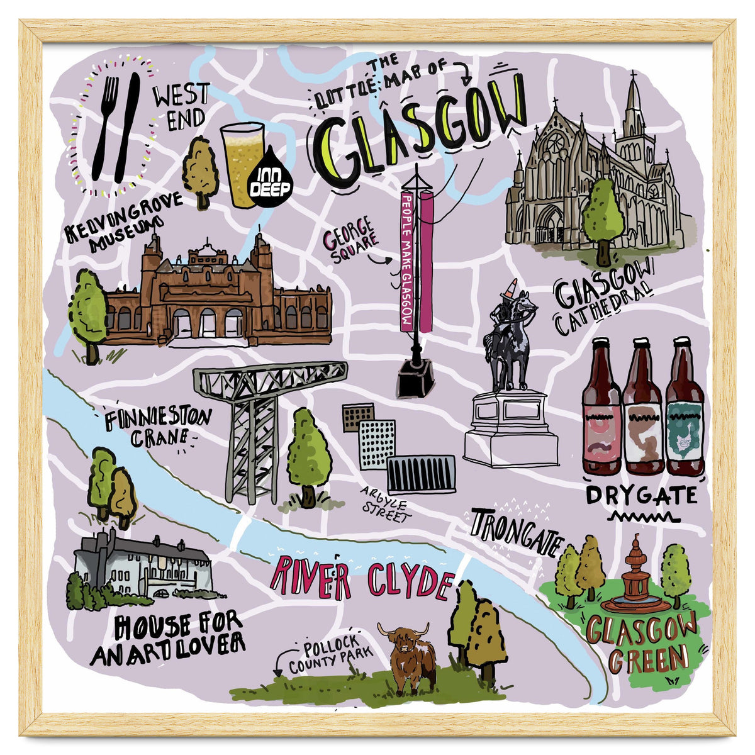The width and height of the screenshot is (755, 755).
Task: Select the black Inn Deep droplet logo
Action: click(x=270, y=179)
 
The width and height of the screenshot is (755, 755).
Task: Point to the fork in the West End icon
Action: click(x=106, y=126)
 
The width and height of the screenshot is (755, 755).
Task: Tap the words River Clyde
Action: click(x=361, y=579)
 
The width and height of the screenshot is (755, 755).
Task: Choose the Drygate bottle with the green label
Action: click(x=685, y=409)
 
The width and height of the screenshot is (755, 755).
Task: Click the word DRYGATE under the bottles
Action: click(x=640, y=496)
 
